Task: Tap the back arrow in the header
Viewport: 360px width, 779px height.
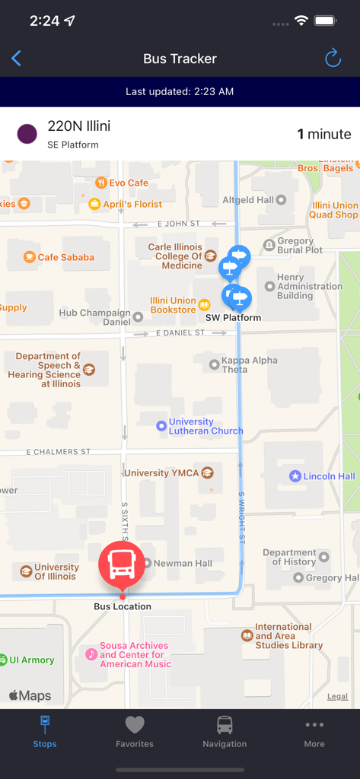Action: point(17,59)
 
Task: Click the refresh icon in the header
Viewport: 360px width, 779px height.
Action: point(333,59)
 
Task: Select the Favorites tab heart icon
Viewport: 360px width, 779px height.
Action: point(135,725)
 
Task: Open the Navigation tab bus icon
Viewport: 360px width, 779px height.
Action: point(225,725)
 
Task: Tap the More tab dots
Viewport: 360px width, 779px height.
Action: point(314,725)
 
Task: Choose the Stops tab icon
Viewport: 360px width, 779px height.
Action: point(45,725)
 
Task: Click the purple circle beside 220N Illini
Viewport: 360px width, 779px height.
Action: point(27,135)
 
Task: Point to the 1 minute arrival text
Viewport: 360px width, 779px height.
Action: point(323,135)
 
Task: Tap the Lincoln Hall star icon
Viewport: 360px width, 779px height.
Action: point(295,476)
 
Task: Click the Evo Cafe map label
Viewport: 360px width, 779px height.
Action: point(128,183)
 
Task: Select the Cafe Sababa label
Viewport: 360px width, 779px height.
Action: point(65,257)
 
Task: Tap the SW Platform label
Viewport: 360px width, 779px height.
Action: point(233,318)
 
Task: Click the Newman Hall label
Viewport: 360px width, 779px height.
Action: point(183,564)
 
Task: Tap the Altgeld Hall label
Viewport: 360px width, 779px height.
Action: point(247,200)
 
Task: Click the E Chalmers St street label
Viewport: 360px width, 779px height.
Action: point(58,452)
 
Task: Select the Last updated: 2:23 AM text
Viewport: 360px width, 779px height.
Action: point(180,92)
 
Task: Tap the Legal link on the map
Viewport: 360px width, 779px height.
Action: point(337,697)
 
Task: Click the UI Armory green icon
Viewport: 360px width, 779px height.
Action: point(4,660)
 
